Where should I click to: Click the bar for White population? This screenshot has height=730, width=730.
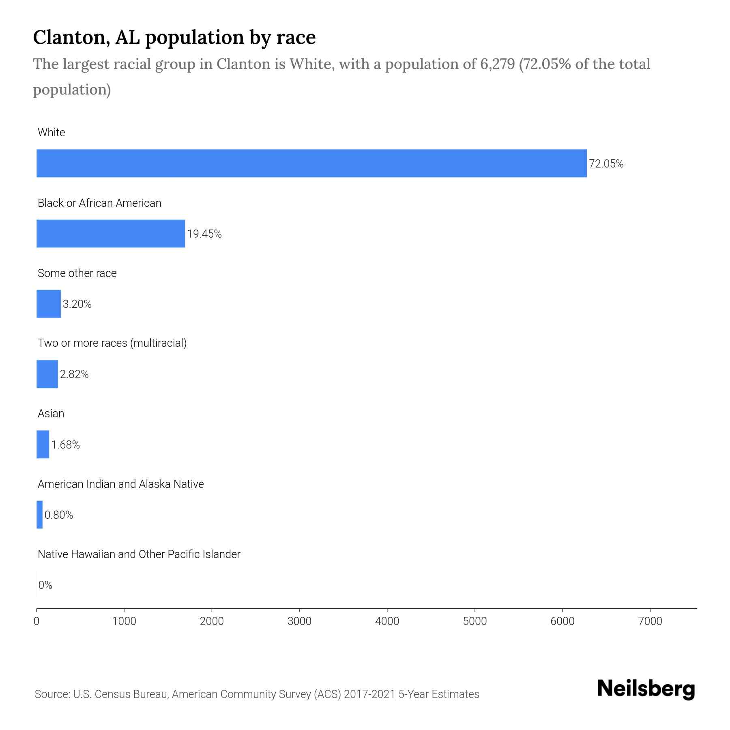(x=311, y=163)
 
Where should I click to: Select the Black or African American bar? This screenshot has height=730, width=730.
(x=111, y=234)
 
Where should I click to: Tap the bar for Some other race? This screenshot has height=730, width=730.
(x=49, y=304)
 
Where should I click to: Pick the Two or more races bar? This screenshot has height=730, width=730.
(x=47, y=374)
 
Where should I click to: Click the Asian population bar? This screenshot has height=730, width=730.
(x=43, y=444)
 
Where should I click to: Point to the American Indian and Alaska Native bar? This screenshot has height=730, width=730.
(x=39, y=515)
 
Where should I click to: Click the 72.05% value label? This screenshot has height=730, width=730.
(x=606, y=164)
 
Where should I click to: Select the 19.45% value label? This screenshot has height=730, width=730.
(x=204, y=234)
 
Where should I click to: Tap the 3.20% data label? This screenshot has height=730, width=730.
(x=77, y=304)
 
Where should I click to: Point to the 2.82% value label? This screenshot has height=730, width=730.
(x=74, y=374)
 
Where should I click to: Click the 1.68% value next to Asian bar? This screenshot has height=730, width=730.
(x=65, y=445)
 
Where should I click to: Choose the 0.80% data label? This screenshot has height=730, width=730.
(x=59, y=515)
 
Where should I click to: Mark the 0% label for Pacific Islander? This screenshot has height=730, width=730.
(x=45, y=585)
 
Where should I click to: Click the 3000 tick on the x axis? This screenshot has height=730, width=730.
(x=299, y=621)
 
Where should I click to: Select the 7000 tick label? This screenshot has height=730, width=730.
(x=650, y=621)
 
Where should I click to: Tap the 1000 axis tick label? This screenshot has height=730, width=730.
(x=124, y=621)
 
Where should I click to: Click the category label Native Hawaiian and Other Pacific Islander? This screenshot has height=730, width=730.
(x=139, y=554)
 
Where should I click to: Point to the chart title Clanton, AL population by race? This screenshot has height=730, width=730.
(x=174, y=37)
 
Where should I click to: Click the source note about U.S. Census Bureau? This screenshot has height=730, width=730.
(x=257, y=694)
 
